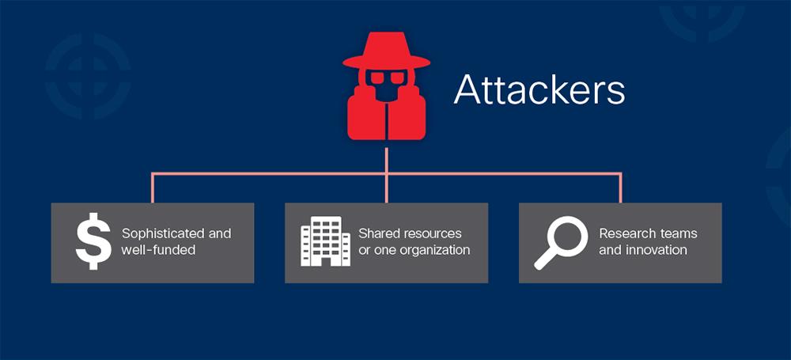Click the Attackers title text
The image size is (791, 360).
pyautogui.click(x=539, y=90)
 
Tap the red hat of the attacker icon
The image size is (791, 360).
pyautogui.click(x=386, y=54)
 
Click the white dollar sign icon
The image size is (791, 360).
pyautogui.click(x=93, y=242)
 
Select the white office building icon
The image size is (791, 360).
pyautogui.click(x=325, y=241)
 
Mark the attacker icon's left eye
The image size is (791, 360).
pyautogui.click(x=375, y=78)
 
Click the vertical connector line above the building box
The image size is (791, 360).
pyautogui.click(x=386, y=188)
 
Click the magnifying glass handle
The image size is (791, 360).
pyautogui.click(x=545, y=259)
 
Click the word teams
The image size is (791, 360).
pyautogui.click(x=678, y=233)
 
